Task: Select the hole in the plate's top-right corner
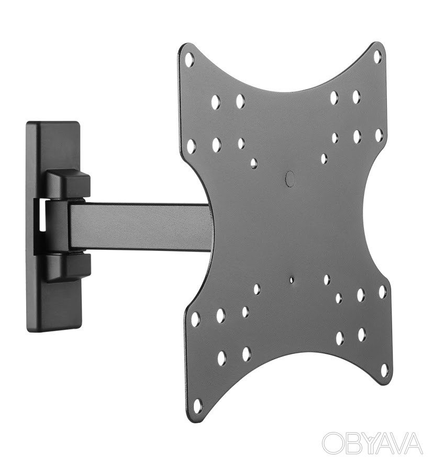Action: [x=377, y=57]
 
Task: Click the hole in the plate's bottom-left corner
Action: [x=198, y=404]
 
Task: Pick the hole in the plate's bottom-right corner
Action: [x=384, y=370]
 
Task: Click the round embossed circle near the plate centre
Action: [x=290, y=178]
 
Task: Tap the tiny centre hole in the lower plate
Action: [x=292, y=280]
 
